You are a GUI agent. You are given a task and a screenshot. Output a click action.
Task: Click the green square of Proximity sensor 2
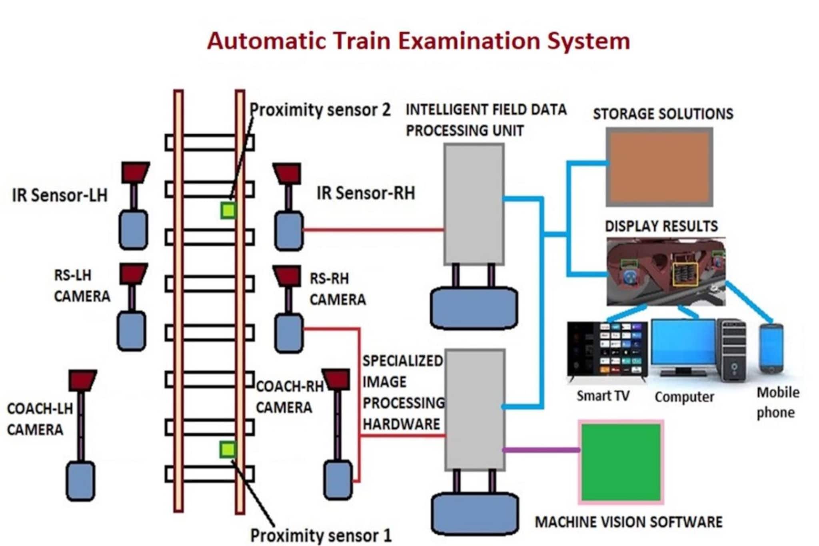pyautogui.click(x=228, y=210)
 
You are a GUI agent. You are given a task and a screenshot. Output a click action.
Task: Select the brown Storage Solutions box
pyautogui.click(x=659, y=167)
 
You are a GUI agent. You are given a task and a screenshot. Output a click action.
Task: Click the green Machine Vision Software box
pyautogui.click(x=621, y=462)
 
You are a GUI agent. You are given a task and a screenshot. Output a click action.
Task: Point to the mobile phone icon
pyautogui.click(x=771, y=348)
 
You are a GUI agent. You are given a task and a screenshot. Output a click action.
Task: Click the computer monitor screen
pyautogui.click(x=683, y=342)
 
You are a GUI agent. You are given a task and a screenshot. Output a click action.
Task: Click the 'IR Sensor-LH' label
pyautogui.click(x=60, y=195)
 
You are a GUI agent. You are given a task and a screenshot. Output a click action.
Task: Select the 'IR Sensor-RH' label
pyautogui.click(x=366, y=193)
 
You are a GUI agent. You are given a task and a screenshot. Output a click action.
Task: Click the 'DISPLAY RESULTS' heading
pyautogui.click(x=661, y=226)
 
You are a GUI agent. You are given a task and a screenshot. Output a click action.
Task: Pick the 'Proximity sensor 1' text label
pyautogui.click(x=321, y=535)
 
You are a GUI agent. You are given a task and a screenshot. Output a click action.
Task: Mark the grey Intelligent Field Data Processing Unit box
pyautogui.click(x=474, y=204)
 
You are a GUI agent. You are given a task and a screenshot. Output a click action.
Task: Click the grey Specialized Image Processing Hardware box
pyautogui.click(x=475, y=409)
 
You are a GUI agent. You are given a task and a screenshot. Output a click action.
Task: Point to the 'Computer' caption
pyautogui.click(x=684, y=397)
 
